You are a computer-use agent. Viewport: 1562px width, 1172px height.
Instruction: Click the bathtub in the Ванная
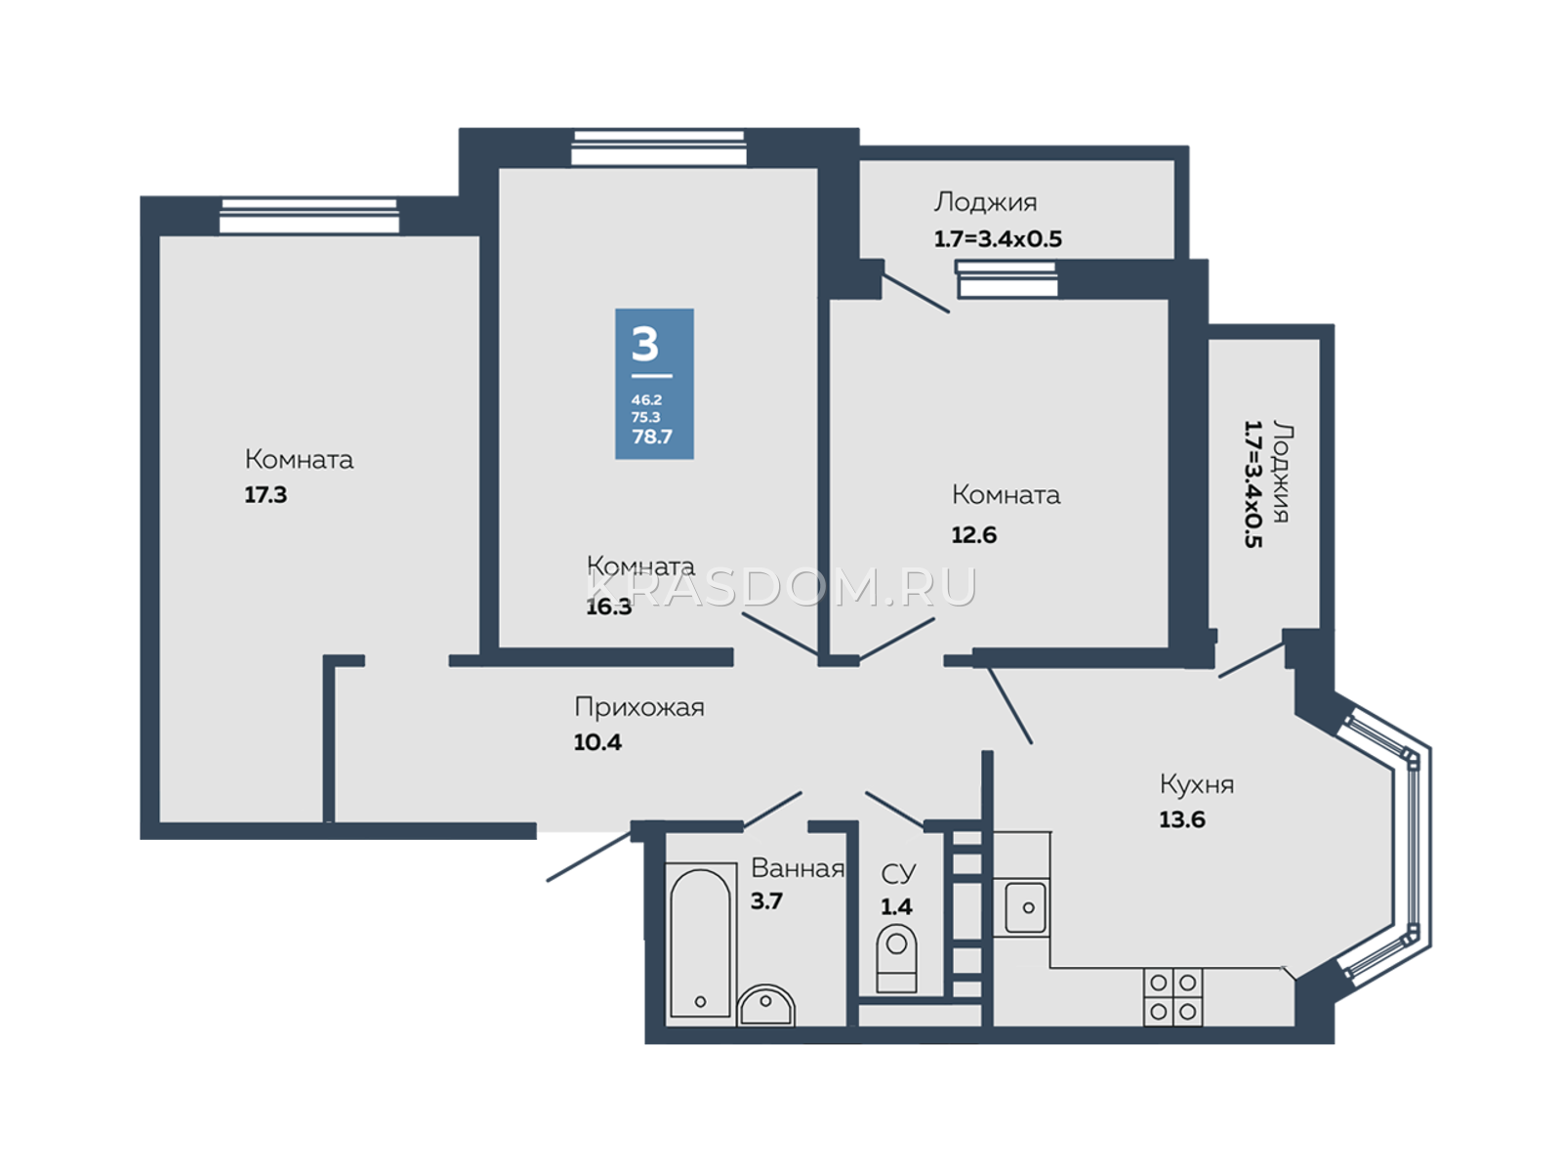click(x=700, y=943)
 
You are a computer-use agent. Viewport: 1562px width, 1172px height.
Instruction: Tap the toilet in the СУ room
click(x=896, y=958)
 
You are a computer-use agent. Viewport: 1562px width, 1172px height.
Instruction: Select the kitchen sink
click(x=1025, y=908)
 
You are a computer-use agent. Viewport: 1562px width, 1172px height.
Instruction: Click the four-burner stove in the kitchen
click(x=1172, y=996)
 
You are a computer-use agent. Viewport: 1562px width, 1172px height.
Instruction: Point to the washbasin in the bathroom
click(x=765, y=1006)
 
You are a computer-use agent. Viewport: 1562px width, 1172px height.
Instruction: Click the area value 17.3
click(x=266, y=494)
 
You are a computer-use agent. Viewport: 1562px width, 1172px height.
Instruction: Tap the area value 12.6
click(x=973, y=534)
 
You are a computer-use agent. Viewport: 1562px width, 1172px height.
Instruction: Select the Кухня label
click(x=1197, y=784)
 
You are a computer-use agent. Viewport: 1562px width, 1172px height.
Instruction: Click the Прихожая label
click(x=639, y=707)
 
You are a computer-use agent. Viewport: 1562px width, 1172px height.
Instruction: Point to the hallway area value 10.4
click(x=597, y=742)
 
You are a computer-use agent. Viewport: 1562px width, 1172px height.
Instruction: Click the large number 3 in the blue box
click(x=644, y=345)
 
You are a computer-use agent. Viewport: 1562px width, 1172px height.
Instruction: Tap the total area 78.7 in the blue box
click(x=652, y=437)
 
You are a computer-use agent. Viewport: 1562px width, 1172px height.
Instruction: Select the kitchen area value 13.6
click(x=1182, y=819)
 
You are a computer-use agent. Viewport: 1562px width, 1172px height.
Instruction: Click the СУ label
click(x=898, y=872)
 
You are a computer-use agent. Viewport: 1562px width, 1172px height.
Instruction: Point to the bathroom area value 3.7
click(x=766, y=900)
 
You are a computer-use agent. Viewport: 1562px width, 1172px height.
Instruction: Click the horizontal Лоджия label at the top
click(x=985, y=202)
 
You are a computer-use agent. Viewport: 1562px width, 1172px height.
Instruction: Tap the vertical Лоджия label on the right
click(x=1281, y=472)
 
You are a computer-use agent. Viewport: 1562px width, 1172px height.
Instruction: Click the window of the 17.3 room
click(x=308, y=216)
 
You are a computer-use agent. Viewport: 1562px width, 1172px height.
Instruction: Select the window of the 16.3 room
click(x=659, y=147)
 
